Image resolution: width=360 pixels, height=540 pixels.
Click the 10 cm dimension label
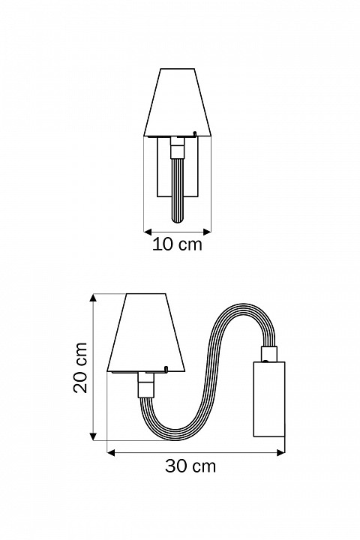click(x=177, y=245)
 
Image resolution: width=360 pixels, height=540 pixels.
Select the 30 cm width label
click(x=190, y=466)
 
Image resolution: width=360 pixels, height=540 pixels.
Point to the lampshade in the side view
click(x=146, y=334)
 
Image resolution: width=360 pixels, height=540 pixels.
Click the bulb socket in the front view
click(x=177, y=149)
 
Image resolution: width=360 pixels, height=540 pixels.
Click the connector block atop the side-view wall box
click(x=268, y=352)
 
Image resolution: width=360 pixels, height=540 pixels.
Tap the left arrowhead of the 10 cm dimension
click(x=146, y=230)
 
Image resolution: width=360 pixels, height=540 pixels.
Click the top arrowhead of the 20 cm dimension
click(x=94, y=298)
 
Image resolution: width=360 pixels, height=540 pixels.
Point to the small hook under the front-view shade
click(x=195, y=134)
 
